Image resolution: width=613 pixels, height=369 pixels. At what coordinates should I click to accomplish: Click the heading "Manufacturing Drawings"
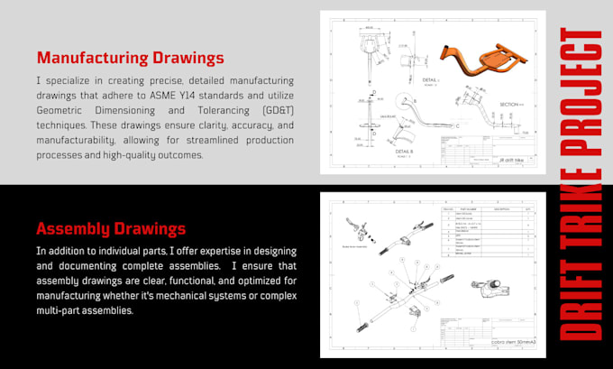point(130,59)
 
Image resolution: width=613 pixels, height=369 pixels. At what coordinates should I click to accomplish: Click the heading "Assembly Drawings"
point(111,228)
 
